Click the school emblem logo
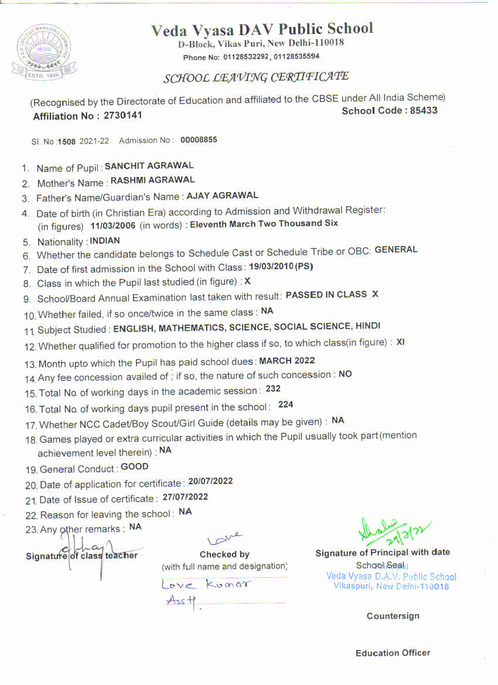click(x=44, y=53)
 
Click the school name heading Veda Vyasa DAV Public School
click(x=261, y=29)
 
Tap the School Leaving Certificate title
click(x=255, y=77)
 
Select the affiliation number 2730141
click(x=123, y=115)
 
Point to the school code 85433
click(x=421, y=110)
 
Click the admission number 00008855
click(x=199, y=140)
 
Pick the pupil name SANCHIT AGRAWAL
click(x=149, y=166)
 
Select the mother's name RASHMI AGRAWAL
click(x=153, y=180)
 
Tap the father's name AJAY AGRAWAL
click(x=222, y=195)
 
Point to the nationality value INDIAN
click(x=105, y=241)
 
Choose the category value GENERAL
click(x=396, y=250)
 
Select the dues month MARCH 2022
click(x=287, y=360)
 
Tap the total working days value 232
click(x=273, y=388)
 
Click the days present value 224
click(x=286, y=404)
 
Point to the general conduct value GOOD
click(x=135, y=467)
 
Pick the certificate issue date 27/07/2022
click(x=185, y=497)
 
